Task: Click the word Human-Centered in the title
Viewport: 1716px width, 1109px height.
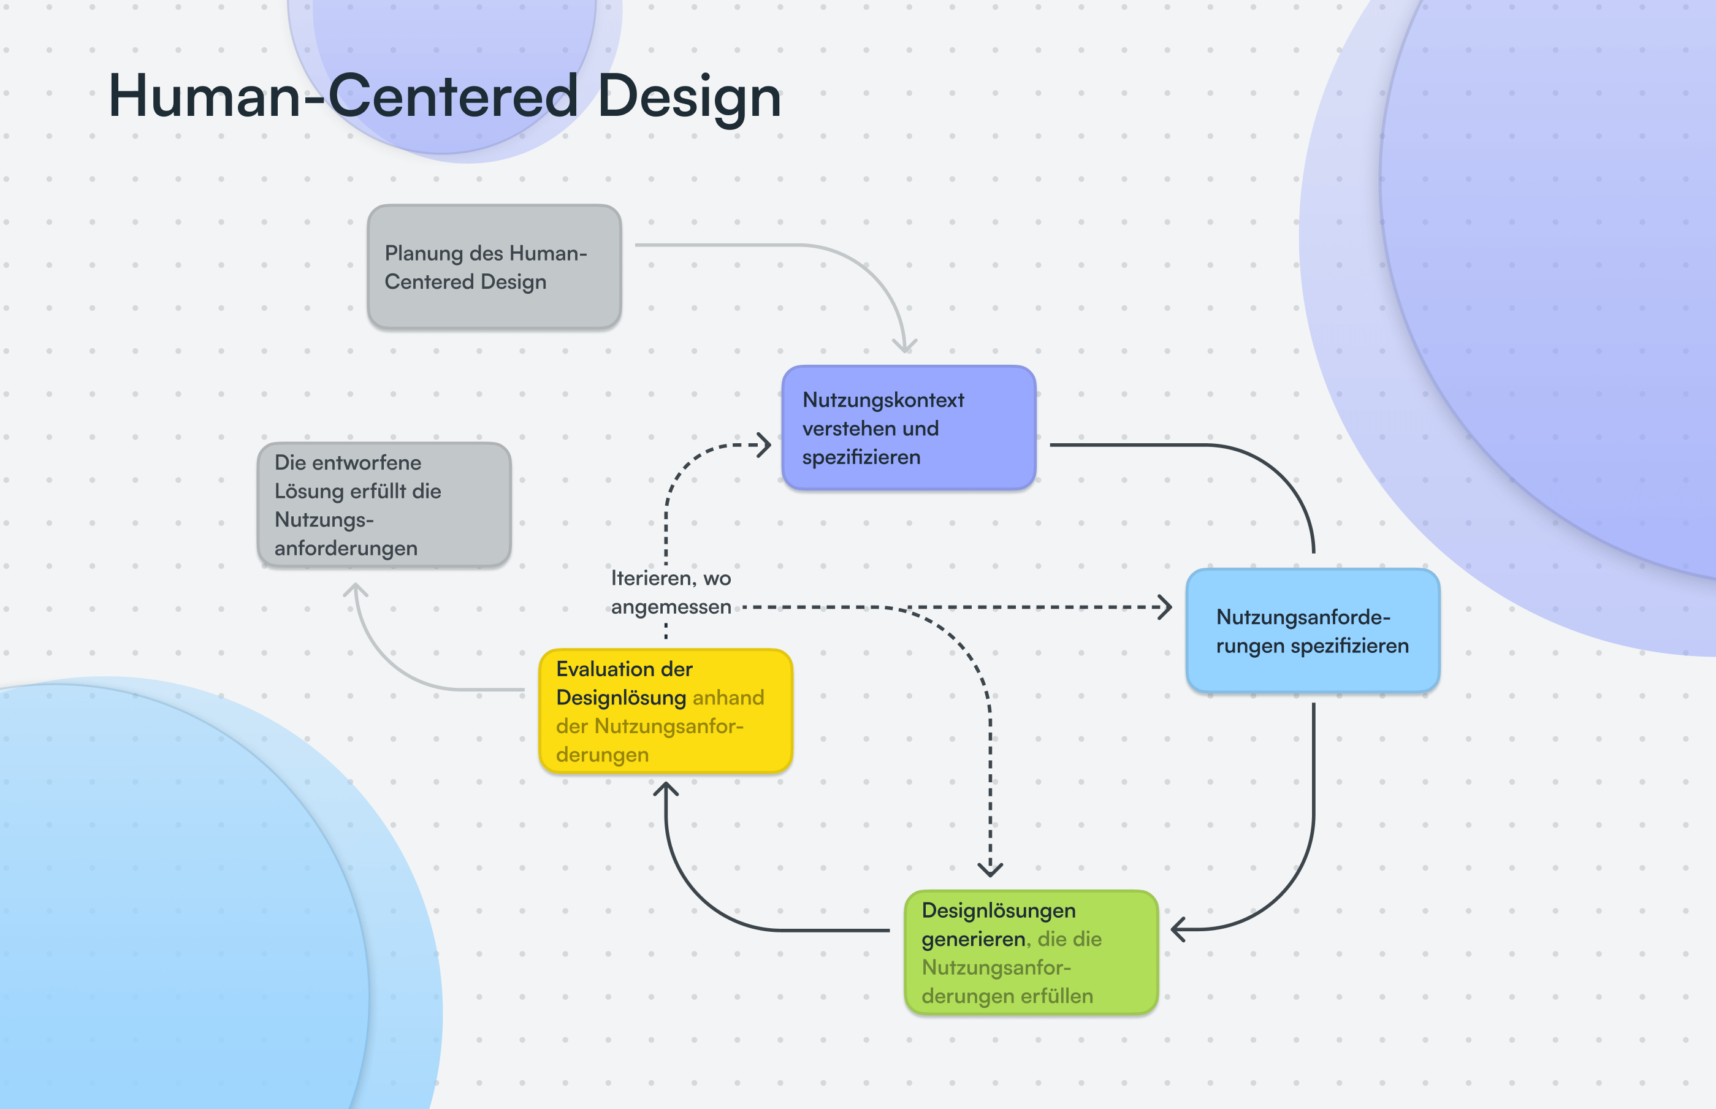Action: [x=343, y=96]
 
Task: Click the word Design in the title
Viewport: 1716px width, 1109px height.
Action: [x=689, y=96]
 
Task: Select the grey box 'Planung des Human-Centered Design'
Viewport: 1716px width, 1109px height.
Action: [x=494, y=267]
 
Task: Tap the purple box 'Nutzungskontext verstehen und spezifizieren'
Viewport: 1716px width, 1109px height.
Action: [x=909, y=428]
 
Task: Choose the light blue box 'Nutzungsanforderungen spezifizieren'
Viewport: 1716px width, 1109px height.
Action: [x=1312, y=631]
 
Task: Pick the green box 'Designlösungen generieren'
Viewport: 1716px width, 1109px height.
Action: [x=1031, y=953]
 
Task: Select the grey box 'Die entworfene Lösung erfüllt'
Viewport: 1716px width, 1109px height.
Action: [x=384, y=505]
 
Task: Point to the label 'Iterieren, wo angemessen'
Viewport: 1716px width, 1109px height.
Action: [x=671, y=592]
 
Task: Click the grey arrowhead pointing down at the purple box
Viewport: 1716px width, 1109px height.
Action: [x=904, y=346]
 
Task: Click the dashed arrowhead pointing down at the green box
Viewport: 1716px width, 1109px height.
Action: [x=990, y=870]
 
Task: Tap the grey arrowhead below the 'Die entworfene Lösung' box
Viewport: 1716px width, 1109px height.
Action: [x=355, y=590]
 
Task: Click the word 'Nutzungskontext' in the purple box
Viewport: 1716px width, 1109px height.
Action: [x=883, y=400]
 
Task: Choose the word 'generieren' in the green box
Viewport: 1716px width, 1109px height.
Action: [x=973, y=939]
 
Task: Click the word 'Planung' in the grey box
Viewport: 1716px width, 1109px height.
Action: [x=413, y=253]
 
